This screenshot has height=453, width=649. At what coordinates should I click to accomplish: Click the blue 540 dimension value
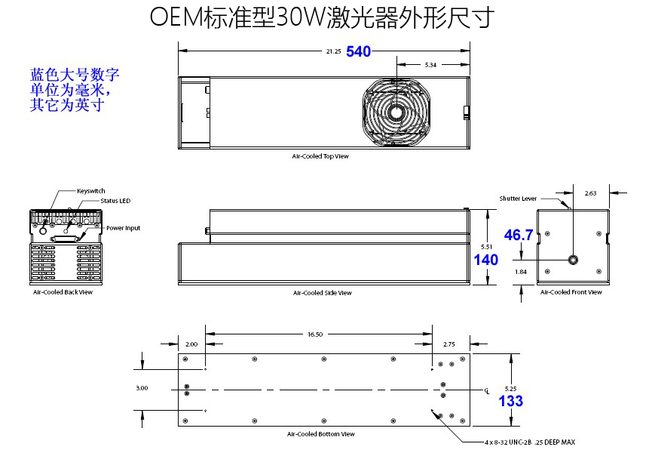[359, 51]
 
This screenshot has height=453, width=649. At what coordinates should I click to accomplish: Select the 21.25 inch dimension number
[333, 51]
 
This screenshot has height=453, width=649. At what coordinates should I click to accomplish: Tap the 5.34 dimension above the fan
[430, 66]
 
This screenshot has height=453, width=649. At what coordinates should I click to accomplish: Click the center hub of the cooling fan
[395, 112]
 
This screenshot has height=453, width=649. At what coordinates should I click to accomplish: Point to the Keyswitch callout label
[91, 191]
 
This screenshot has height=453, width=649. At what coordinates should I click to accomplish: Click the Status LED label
[115, 201]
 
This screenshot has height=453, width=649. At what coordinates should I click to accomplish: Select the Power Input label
[123, 228]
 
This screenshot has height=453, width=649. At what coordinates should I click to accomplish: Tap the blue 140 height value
[486, 260]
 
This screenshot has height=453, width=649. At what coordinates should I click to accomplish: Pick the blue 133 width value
[511, 401]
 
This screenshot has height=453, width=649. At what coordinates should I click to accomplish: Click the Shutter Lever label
[518, 199]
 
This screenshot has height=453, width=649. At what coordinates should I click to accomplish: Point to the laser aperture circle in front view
[573, 260]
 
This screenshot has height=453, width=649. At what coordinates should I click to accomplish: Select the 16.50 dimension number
[315, 334]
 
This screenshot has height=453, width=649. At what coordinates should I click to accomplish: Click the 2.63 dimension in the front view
[590, 193]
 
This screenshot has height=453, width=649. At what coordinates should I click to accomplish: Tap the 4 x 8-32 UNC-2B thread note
[530, 442]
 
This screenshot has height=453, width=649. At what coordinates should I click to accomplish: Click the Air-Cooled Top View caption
[320, 156]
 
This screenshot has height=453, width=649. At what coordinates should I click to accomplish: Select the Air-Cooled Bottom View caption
[320, 434]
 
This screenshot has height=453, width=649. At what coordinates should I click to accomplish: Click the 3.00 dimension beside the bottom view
[142, 387]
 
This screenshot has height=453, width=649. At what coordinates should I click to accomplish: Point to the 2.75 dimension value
[450, 344]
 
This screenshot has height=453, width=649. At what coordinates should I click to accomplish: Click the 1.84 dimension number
[520, 272]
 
